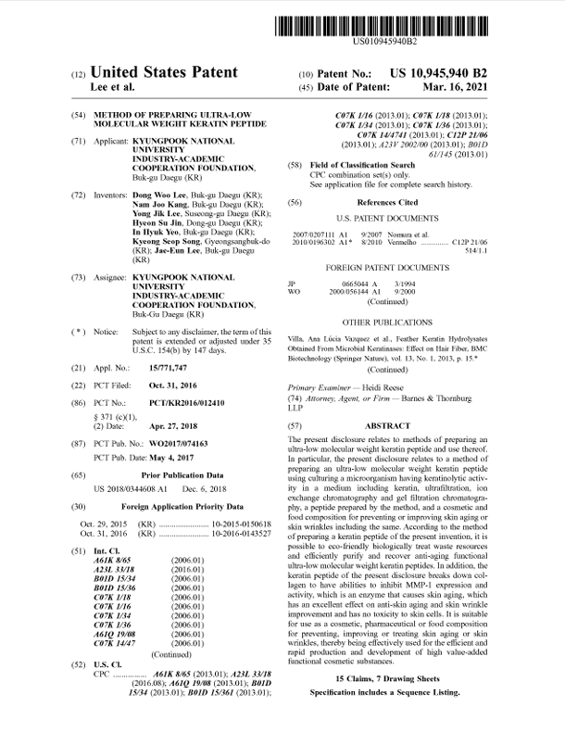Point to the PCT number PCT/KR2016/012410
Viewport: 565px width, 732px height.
pos(172,405)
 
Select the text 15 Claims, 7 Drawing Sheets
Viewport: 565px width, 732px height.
pos(388,680)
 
